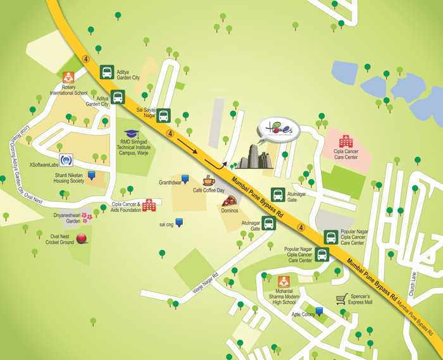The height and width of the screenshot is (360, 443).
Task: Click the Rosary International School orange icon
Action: pyautogui.click(x=68, y=78)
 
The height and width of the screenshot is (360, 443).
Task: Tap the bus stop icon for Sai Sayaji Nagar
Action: pyautogui.click(x=163, y=115)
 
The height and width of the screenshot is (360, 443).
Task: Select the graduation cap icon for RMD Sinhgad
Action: pyautogui.click(x=132, y=135)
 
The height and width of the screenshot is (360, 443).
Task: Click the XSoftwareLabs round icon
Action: pyautogui.click(x=66, y=160)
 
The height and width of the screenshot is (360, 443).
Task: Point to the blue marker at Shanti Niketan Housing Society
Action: pyautogui.click(x=92, y=175)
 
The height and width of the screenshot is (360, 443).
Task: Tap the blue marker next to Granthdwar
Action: pyautogui.click(x=185, y=180)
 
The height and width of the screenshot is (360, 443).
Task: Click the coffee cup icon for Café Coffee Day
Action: pyautogui.click(x=209, y=181)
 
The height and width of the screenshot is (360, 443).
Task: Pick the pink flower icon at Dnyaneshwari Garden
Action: pyautogui.click(x=87, y=218)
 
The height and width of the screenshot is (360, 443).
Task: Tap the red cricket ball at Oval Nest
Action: pyautogui.click(x=82, y=239)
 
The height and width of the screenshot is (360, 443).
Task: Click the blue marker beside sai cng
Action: pyautogui.click(x=180, y=222)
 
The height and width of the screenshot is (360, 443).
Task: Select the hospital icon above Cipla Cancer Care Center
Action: pyautogui.click(x=346, y=140)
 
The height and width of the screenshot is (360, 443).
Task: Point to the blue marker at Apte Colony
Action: pyautogui.click(x=320, y=311)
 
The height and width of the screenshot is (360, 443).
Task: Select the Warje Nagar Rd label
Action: pyautogui.click(x=205, y=283)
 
